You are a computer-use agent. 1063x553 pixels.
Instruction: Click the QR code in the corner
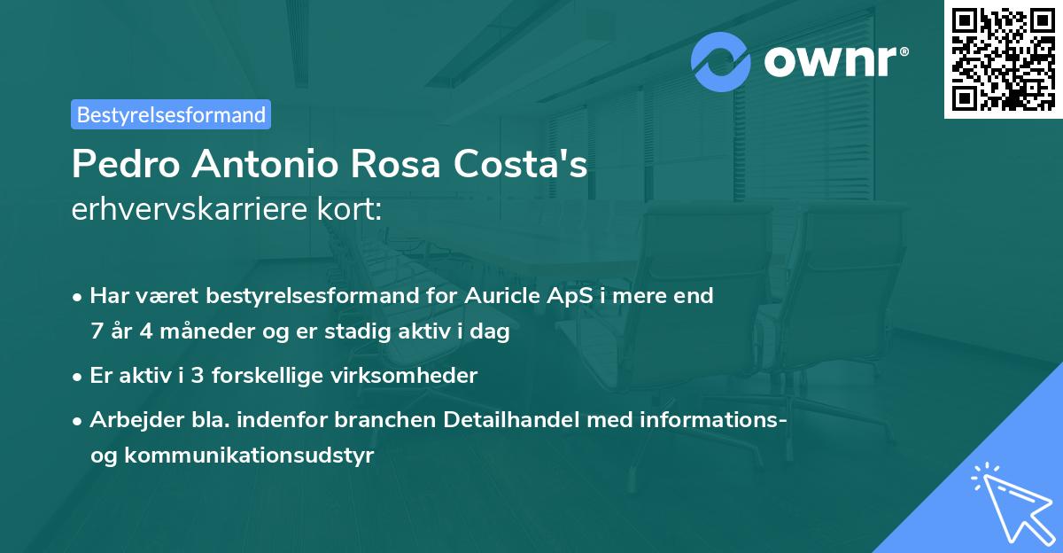1003,59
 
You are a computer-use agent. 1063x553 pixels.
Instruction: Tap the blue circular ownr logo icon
721,61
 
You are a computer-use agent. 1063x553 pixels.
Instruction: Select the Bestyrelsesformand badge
171,114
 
